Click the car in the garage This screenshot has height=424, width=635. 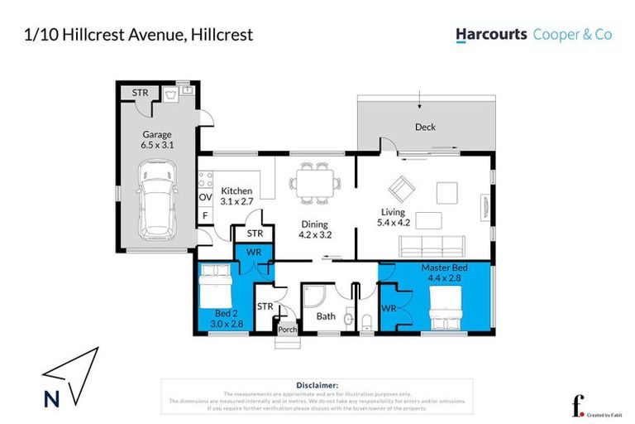tap(157, 199)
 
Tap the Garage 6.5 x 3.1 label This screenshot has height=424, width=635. tap(156, 140)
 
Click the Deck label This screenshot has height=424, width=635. tap(425, 127)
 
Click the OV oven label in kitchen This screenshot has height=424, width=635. tap(205, 197)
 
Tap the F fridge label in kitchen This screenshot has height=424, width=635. tap(205, 216)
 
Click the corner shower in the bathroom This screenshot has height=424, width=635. tap(316, 296)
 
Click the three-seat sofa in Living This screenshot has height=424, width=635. tap(431, 245)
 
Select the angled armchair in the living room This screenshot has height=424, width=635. tap(403, 190)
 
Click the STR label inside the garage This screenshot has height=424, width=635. tap(141, 93)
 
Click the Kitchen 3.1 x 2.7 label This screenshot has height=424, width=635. tap(236, 196)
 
